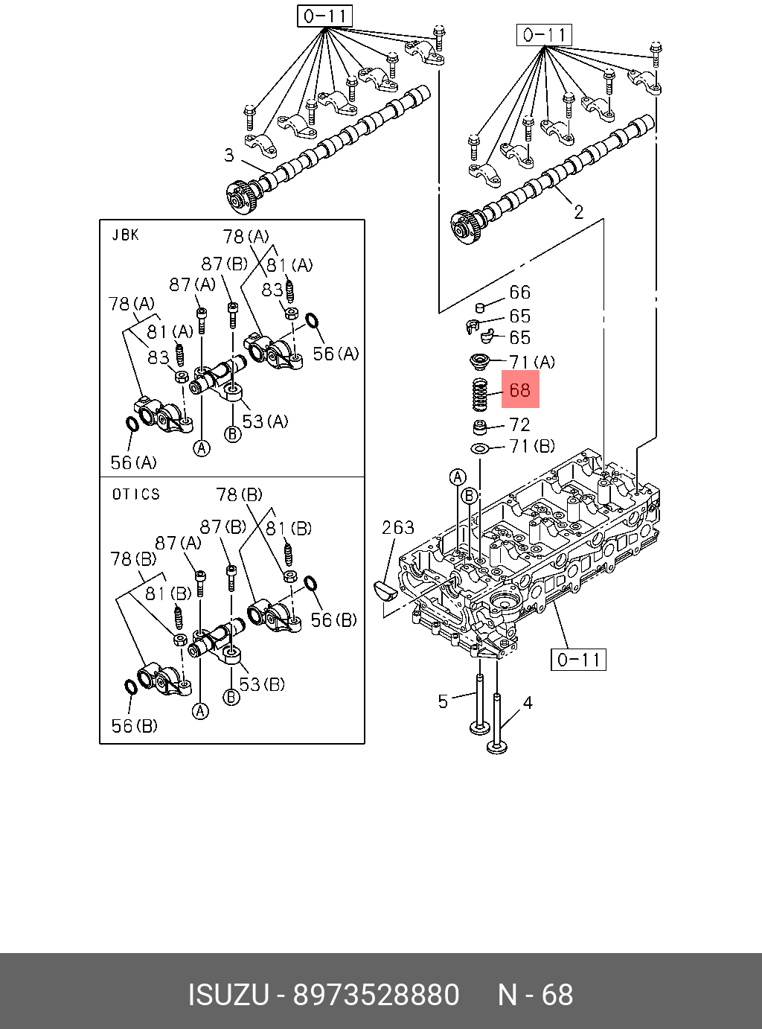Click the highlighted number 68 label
(x=519, y=390)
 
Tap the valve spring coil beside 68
(x=480, y=393)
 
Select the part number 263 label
(x=397, y=528)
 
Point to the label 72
(x=519, y=425)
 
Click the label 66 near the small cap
(x=519, y=293)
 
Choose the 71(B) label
(x=531, y=446)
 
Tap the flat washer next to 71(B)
(x=480, y=448)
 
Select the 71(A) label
(x=531, y=363)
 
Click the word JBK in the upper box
(x=125, y=235)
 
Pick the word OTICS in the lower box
(x=135, y=494)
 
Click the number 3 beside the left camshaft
(x=229, y=155)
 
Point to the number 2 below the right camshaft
(x=578, y=212)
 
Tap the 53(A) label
(x=265, y=421)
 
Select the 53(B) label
(x=262, y=684)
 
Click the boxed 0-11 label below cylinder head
(x=578, y=660)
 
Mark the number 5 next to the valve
(x=443, y=701)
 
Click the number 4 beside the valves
(x=528, y=702)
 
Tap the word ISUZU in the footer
(x=228, y=995)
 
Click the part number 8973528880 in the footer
(x=376, y=995)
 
